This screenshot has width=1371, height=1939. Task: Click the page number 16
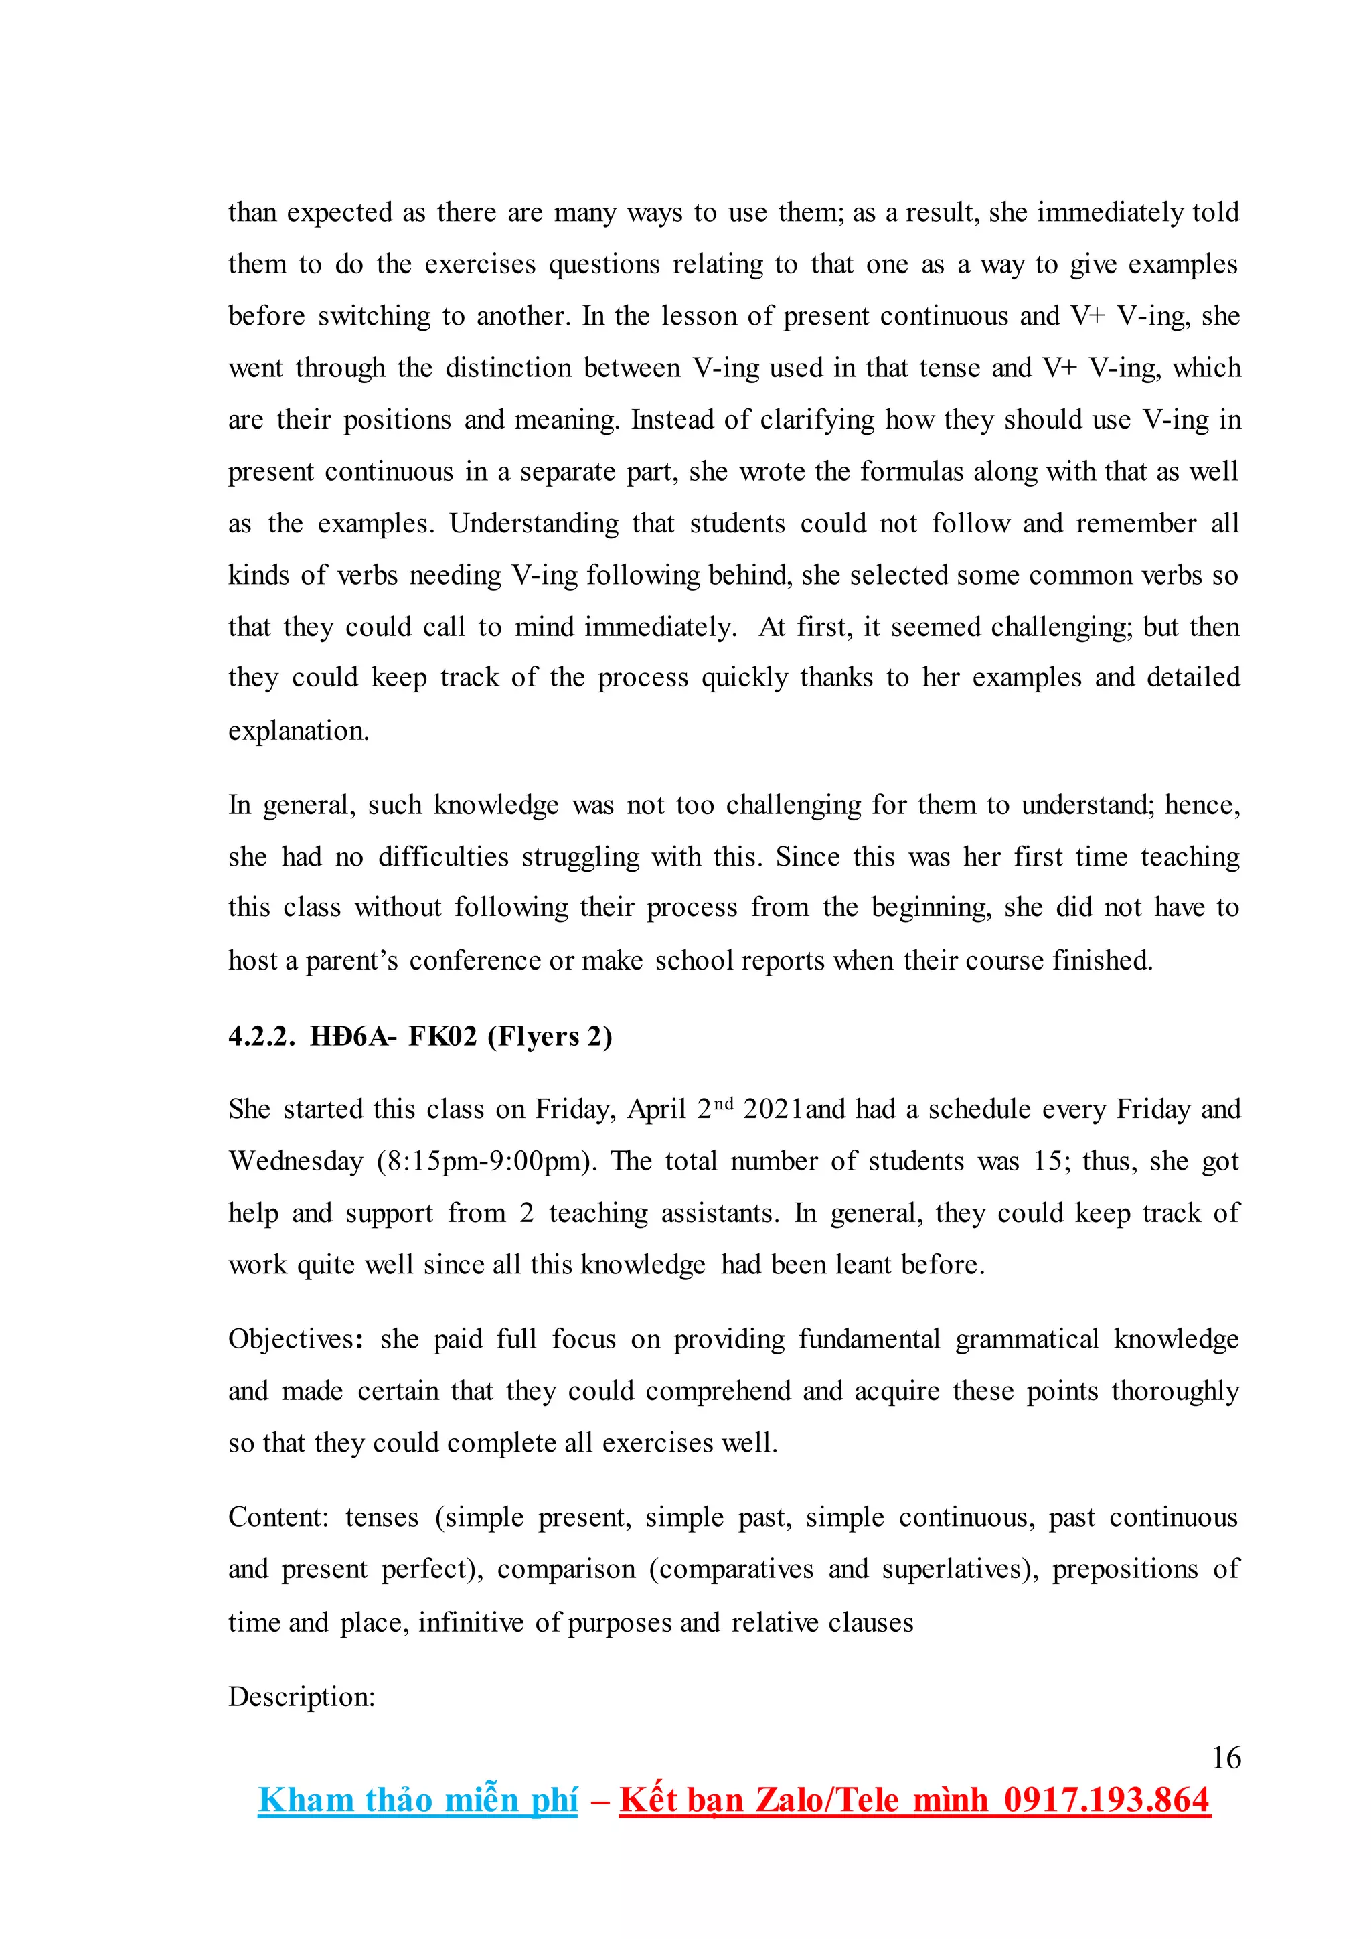point(1226,1758)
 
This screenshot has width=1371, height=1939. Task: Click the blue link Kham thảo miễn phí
point(418,1800)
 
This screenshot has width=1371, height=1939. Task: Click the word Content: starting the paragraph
point(278,1517)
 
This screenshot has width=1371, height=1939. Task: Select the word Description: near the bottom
point(301,1697)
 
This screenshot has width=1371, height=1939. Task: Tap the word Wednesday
point(295,1161)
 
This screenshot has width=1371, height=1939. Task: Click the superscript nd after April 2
point(724,1103)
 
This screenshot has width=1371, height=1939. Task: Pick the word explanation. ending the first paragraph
point(299,730)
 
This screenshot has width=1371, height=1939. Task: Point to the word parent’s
point(351,961)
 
